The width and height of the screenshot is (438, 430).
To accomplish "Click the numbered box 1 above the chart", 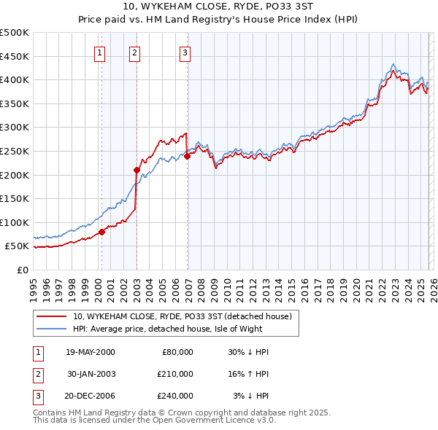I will tap(99, 52).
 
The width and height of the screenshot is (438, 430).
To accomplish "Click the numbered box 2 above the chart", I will tap(135, 52).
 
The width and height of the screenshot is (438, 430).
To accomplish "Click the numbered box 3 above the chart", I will tap(185, 52).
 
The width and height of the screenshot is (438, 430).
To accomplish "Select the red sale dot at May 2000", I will tap(101, 232).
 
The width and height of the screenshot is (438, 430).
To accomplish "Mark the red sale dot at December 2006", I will tap(187, 156).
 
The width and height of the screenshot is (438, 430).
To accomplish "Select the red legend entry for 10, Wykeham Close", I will tap(182, 316).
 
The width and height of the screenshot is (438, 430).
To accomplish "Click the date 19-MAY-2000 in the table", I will tap(90, 352).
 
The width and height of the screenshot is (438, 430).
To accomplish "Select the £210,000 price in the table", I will tap(174, 374).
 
